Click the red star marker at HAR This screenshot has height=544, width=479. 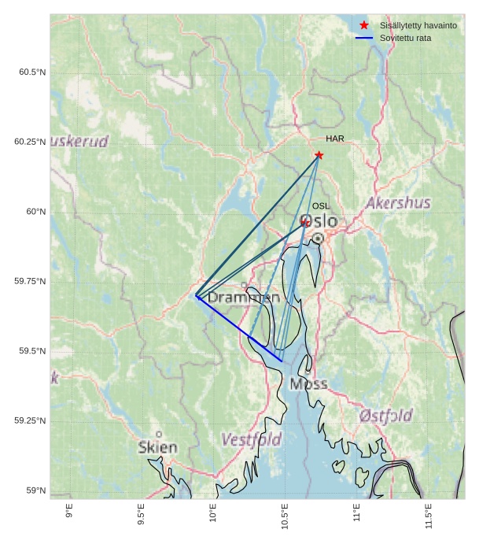pyautogui.click(x=319, y=155)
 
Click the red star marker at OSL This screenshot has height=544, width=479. pyautogui.click(x=305, y=223)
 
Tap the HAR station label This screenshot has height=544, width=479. pyautogui.click(x=335, y=139)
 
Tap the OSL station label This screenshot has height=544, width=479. pyautogui.click(x=321, y=206)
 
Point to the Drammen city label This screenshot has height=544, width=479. pyautogui.click(x=244, y=298)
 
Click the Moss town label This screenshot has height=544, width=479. pyautogui.click(x=308, y=384)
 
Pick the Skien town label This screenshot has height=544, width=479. pyautogui.click(x=157, y=447)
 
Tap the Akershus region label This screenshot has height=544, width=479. pyautogui.click(x=398, y=203)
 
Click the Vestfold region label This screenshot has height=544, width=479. pyautogui.click(x=251, y=439)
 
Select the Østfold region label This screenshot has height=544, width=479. pyautogui.click(x=385, y=416)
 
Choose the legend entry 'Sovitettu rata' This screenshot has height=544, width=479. pyautogui.click(x=405, y=38)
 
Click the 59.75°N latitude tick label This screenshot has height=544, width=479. pyautogui.click(x=30, y=281)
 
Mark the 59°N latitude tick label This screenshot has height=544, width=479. pyautogui.click(x=35, y=490)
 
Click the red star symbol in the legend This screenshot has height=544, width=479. pyautogui.click(x=363, y=25)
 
